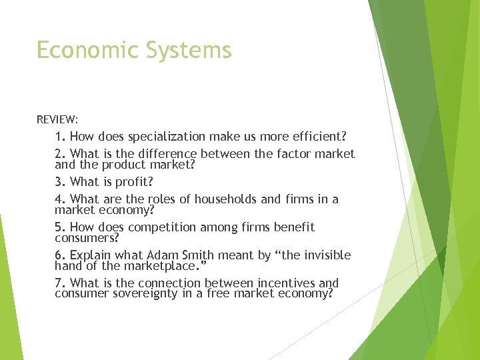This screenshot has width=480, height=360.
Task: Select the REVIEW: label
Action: (57, 120)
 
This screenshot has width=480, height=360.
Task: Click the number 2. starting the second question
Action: (60, 154)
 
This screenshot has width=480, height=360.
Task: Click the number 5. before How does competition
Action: (60, 227)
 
